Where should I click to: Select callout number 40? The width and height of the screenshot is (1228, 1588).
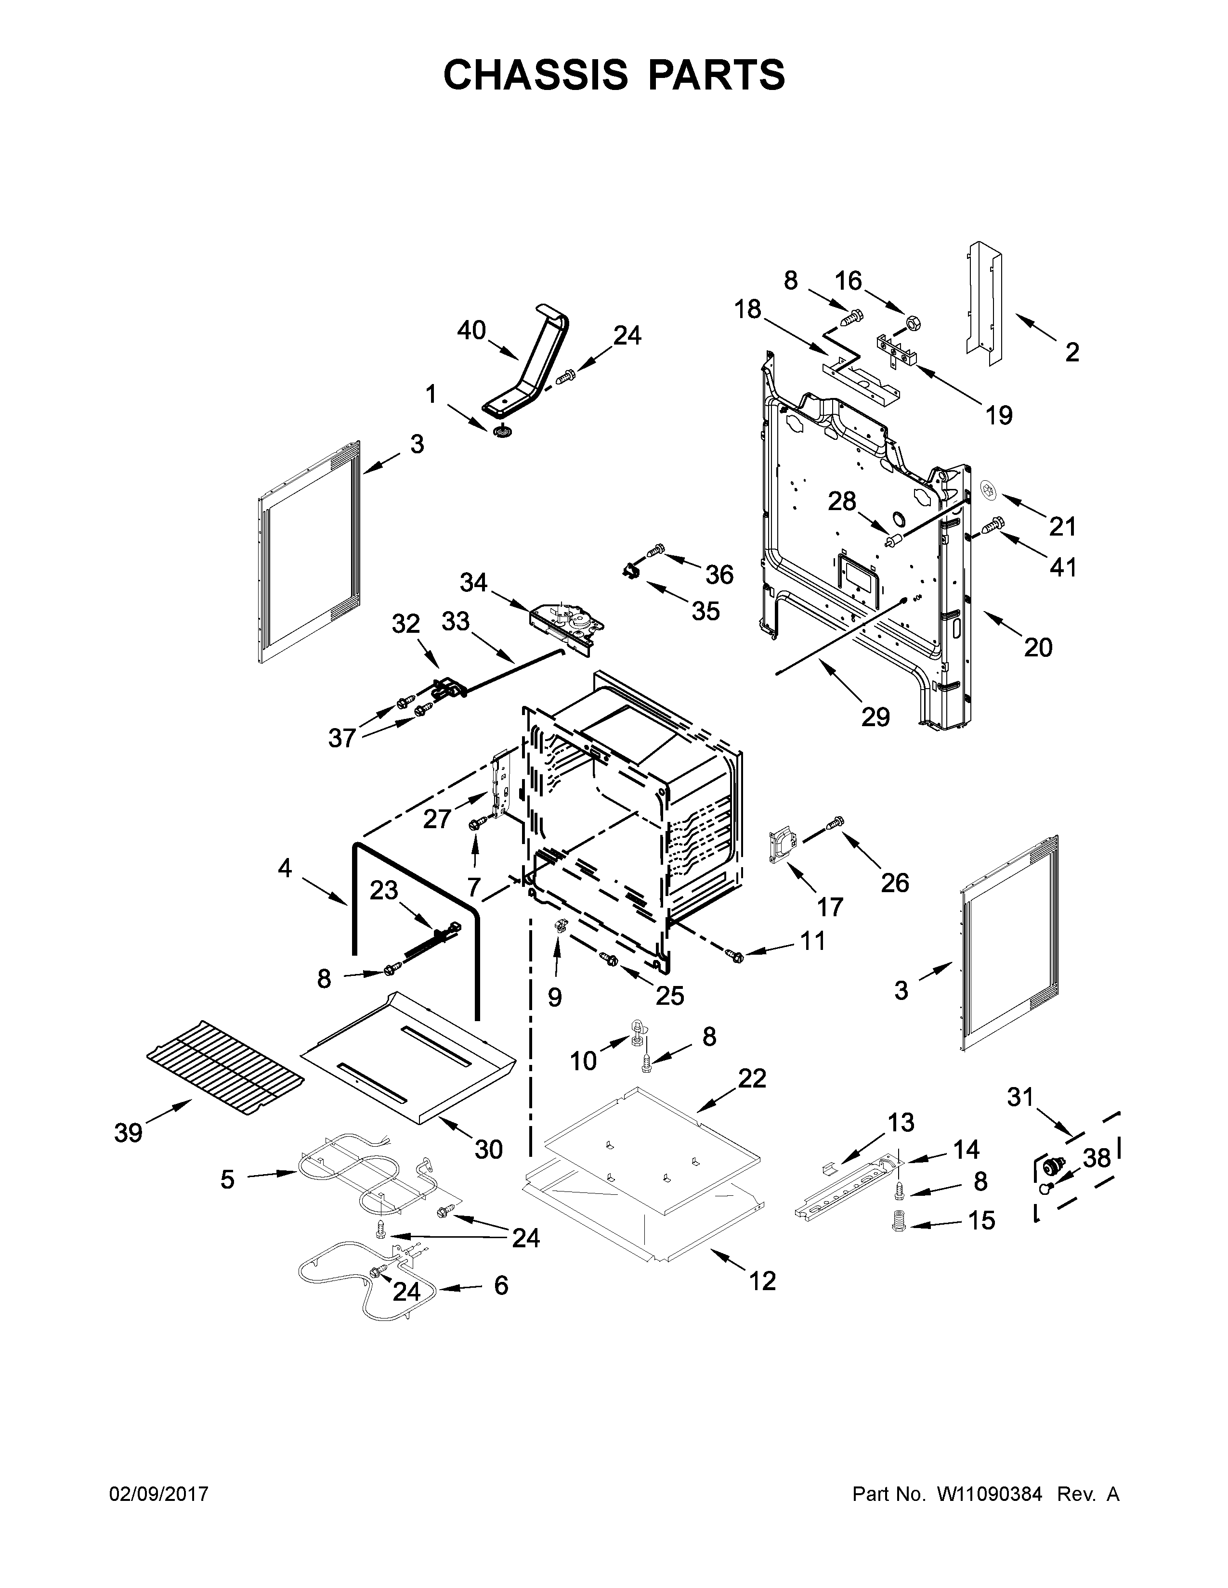471,331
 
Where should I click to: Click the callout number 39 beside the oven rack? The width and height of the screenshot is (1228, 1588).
128,1133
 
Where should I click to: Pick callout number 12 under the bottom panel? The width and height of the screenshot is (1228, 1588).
762,1281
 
